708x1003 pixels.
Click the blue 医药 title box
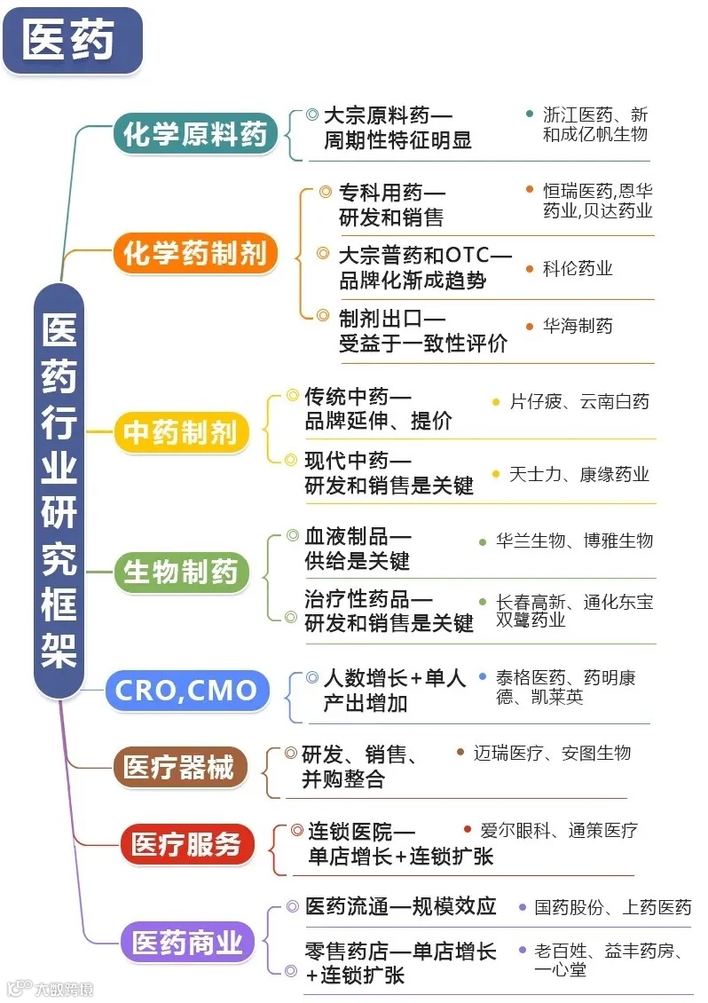click(72, 40)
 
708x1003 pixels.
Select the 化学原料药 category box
click(195, 135)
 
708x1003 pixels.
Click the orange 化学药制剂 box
click(195, 254)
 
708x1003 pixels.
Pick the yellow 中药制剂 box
click(180, 432)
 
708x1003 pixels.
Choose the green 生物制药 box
click(181, 572)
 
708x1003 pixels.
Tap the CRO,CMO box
click(186, 690)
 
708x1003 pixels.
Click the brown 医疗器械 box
click(179, 767)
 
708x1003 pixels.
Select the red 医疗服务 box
click(186, 844)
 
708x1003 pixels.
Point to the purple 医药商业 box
click(187, 942)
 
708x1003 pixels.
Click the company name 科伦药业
click(578, 268)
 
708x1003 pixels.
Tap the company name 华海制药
click(578, 326)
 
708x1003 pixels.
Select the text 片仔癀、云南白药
click(579, 402)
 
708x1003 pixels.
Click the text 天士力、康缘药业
click(579, 474)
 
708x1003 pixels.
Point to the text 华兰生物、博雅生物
click(574, 541)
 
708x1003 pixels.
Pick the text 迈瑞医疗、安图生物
click(552, 753)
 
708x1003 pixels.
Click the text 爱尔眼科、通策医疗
click(559, 831)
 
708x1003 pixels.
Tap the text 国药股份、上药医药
click(612, 907)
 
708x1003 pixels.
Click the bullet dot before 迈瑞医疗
click(460, 753)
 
